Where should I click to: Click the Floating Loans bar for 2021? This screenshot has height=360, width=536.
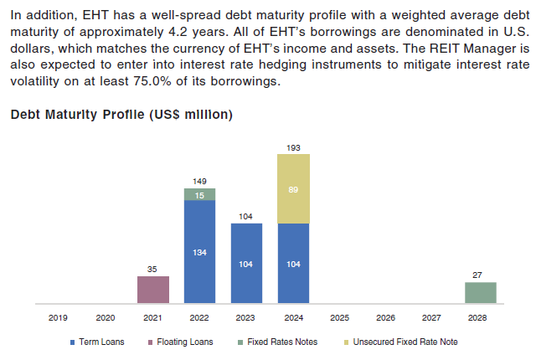coord(153,290)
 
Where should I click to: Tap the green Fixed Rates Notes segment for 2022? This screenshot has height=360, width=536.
coord(199,194)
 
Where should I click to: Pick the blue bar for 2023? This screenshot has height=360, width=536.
coord(246,263)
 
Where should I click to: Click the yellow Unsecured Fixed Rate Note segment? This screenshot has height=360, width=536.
coord(293,188)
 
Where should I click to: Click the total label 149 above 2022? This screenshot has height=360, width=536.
coord(199,180)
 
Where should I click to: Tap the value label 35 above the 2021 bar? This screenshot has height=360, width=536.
coord(153,269)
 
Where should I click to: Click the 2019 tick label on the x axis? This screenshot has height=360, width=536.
coord(59,318)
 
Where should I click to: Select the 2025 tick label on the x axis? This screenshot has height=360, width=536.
coord(339,318)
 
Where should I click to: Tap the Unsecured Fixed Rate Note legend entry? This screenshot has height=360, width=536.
coord(401,342)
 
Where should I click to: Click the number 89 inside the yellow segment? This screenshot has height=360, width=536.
coord(293,188)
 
